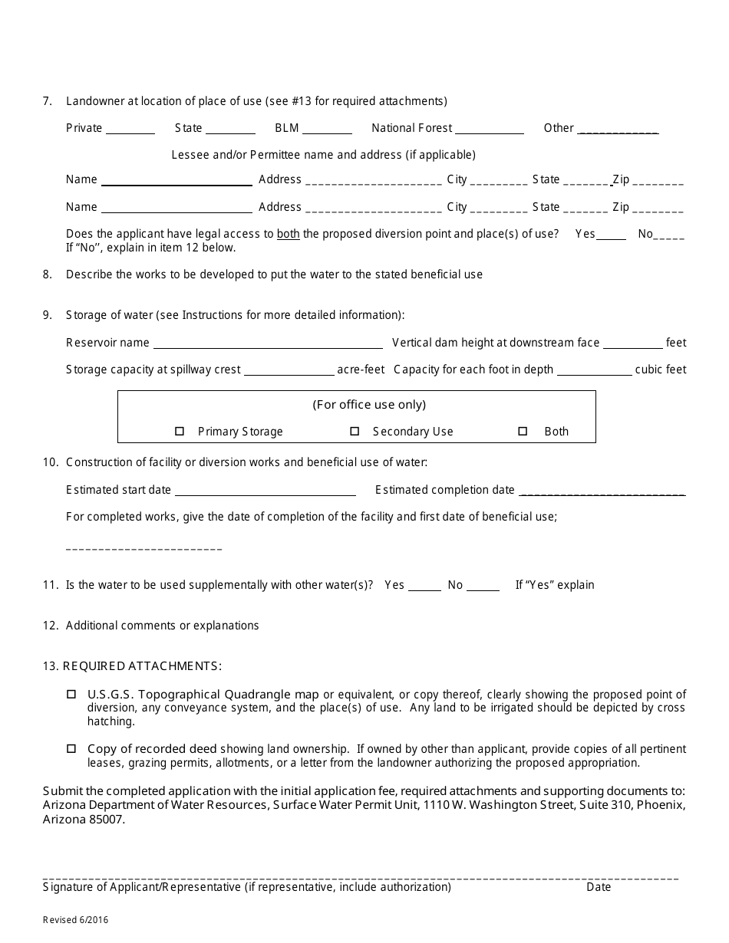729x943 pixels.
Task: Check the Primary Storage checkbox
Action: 180,432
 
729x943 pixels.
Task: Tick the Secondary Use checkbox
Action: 355,432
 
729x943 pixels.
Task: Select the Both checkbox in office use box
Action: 523,432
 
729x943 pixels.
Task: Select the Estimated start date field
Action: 265,491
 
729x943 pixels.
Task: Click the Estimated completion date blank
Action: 602,491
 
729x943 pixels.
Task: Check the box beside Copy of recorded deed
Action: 71,748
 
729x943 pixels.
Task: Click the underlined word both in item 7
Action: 289,234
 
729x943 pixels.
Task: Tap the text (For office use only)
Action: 369,405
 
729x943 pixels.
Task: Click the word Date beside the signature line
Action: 599,887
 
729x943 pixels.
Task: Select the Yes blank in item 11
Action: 424,586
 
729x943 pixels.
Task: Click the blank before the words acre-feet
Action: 289,371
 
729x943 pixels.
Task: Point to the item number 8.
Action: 48,274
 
